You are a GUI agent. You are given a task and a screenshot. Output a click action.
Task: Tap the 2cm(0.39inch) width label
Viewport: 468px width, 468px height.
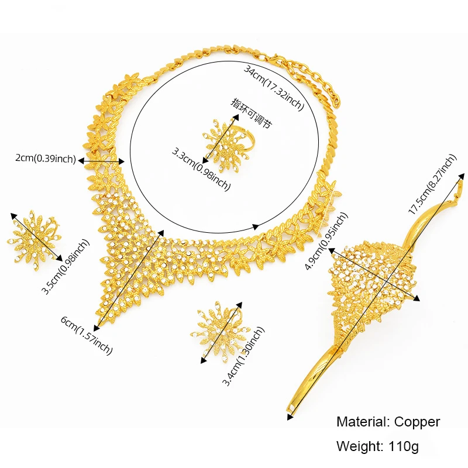[x=45, y=158]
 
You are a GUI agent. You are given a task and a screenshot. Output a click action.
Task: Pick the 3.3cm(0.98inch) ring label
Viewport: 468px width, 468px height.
[x=201, y=169]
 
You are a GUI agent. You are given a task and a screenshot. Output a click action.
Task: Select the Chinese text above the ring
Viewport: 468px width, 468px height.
[x=252, y=113]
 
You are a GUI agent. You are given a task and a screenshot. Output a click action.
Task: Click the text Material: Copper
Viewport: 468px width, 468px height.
[x=388, y=422]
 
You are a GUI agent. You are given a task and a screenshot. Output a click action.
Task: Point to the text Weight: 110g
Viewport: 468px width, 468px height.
[x=377, y=446]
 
